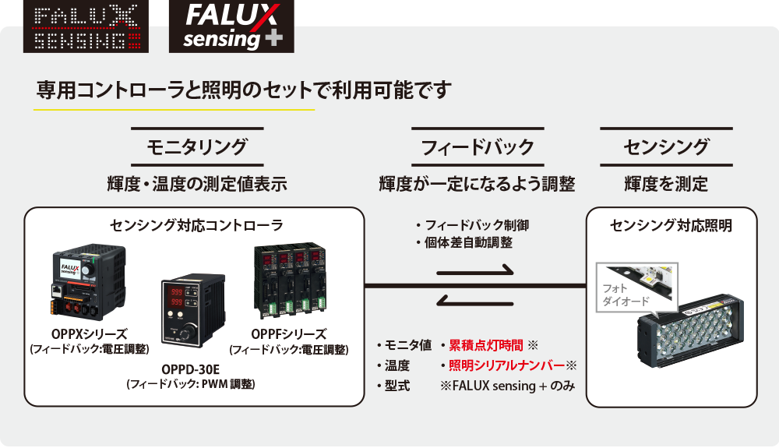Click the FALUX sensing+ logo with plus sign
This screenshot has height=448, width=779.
point(225,26)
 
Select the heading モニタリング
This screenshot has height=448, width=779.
point(197,146)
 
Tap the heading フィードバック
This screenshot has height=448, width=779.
point(477,146)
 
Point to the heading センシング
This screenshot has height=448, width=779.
point(666,146)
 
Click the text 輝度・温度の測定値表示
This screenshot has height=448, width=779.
point(197,185)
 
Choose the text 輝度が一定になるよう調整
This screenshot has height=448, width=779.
point(477,185)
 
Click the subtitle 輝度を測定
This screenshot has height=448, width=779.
point(666,185)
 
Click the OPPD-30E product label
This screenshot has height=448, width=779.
point(191,369)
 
